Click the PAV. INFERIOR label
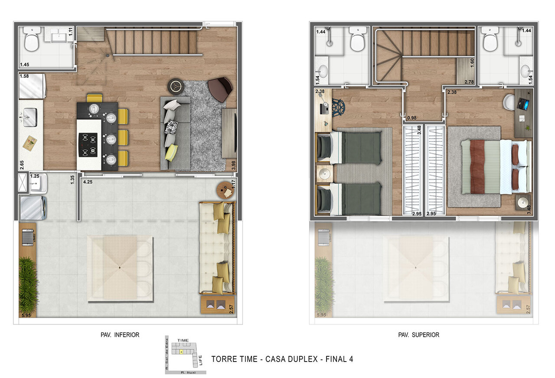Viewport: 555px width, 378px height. pyautogui.click(x=120, y=335)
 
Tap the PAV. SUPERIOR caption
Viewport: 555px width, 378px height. pyautogui.click(x=418, y=335)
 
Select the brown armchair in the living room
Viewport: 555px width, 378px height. pyautogui.click(x=220, y=88)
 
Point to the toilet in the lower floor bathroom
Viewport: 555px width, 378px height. pyautogui.click(x=31, y=40)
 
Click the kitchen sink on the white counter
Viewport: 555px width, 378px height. pyautogui.click(x=29, y=117)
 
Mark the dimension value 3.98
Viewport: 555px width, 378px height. pyautogui.click(x=233, y=164)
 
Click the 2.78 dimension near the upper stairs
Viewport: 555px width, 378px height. pyautogui.click(x=469, y=82)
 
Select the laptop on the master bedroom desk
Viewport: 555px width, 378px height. pyautogui.click(x=524, y=104)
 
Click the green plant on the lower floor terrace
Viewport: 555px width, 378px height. pyautogui.click(x=28, y=284)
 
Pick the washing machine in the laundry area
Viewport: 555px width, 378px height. pyautogui.click(x=33, y=208)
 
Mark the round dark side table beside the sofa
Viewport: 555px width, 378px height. pyautogui.click(x=176, y=86)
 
